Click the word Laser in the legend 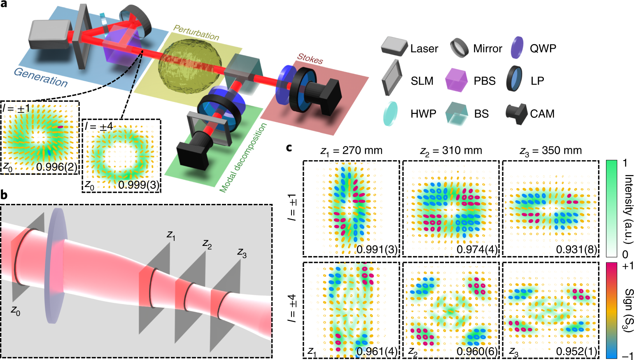click(424, 49)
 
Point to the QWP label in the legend click(543, 49)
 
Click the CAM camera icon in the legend click(517, 113)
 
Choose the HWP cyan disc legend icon click(391, 114)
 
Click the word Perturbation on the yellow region click(196, 33)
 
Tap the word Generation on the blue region click(41, 77)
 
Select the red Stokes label click(310, 59)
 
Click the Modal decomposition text click(243, 158)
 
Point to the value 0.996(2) click(56, 167)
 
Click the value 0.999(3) click(139, 185)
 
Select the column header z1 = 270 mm click(351, 151)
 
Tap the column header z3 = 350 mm click(550, 151)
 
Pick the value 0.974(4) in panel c click(477, 249)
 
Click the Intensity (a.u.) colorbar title click(628, 206)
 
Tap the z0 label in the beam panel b click(15, 312)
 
